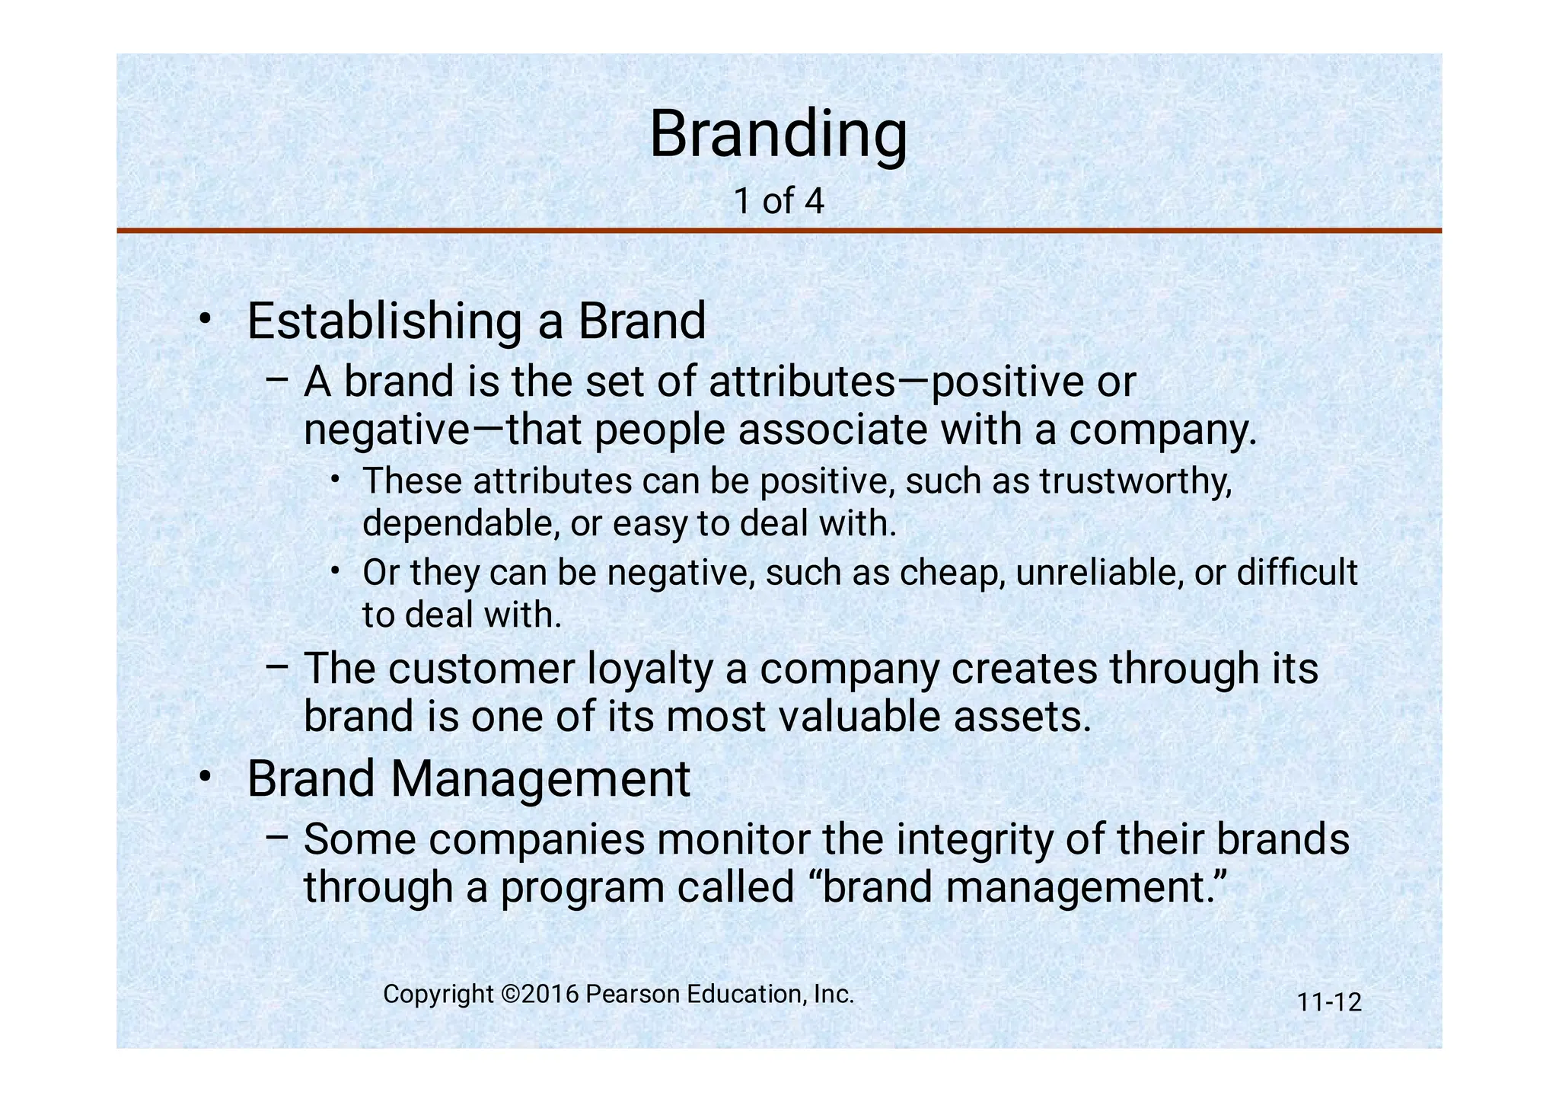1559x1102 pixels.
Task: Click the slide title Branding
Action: tap(778, 135)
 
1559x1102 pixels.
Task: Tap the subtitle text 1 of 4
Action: tap(778, 201)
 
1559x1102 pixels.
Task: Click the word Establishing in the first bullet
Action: tap(384, 322)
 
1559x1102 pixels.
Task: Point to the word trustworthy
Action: tap(1135, 482)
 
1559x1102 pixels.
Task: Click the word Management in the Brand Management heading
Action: tap(541, 780)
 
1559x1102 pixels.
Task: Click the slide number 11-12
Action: tap(1329, 1002)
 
